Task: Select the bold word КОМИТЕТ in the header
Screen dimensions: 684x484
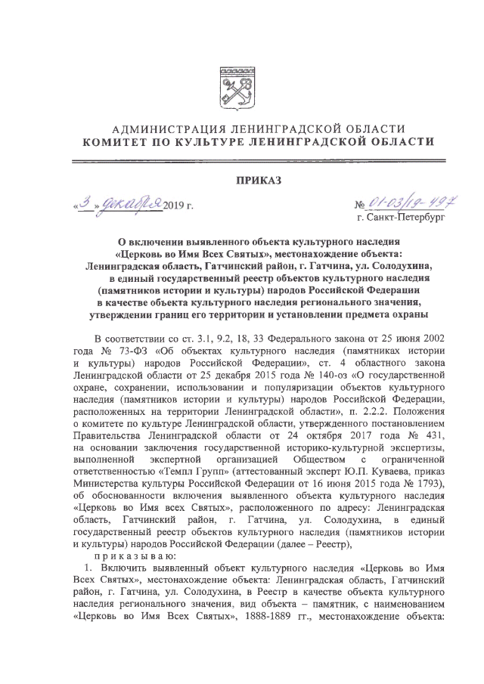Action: (x=116, y=141)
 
